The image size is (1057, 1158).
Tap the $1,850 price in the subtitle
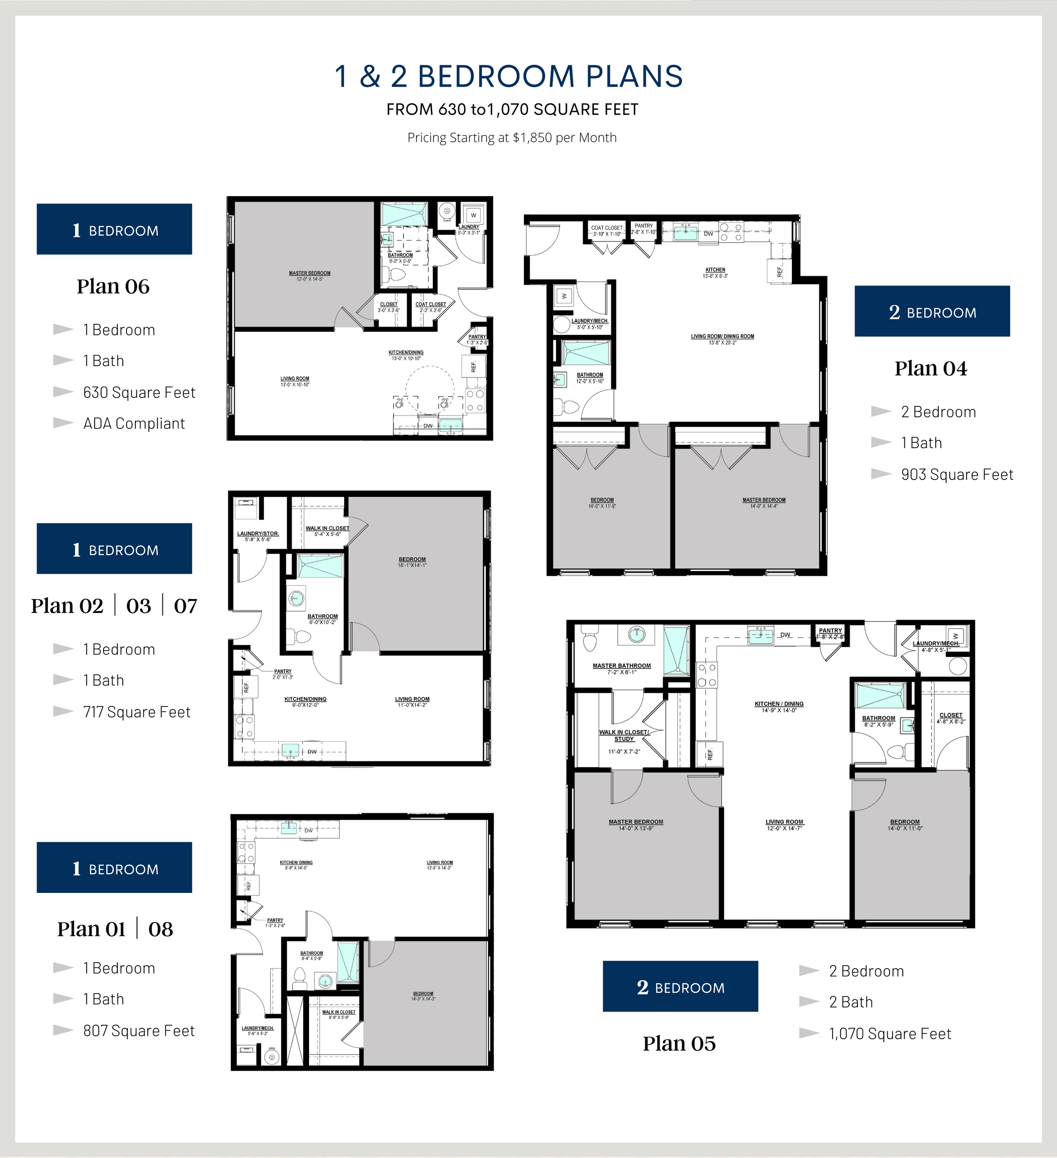(533, 138)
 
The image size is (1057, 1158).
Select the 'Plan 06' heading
(113, 286)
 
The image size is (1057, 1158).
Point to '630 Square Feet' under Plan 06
(139, 392)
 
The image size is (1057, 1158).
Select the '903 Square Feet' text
(957, 474)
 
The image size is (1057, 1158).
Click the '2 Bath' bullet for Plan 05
(851, 1002)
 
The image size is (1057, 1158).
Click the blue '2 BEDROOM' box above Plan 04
(932, 311)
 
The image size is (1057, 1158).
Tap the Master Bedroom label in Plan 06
(309, 276)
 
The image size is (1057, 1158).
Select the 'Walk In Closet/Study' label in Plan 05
(624, 736)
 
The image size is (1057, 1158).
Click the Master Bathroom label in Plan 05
(622, 668)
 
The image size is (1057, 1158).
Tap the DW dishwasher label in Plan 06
(428, 426)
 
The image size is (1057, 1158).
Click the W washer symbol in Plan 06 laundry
(474, 215)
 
